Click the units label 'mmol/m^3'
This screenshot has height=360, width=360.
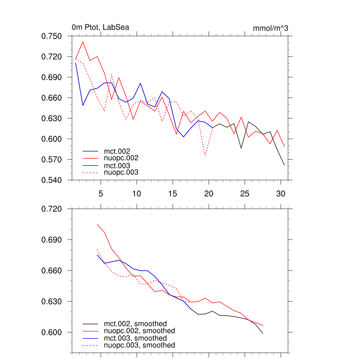point(270,28)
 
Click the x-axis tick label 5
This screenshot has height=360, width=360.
point(101,194)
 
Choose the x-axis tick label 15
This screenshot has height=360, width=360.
point(173,194)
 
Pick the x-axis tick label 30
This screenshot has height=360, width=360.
point(281,194)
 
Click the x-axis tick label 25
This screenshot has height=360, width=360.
point(245,194)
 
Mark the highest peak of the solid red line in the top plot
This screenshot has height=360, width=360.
point(83,42)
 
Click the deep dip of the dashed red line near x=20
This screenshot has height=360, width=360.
point(205,155)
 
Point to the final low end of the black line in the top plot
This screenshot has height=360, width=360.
point(284,165)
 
